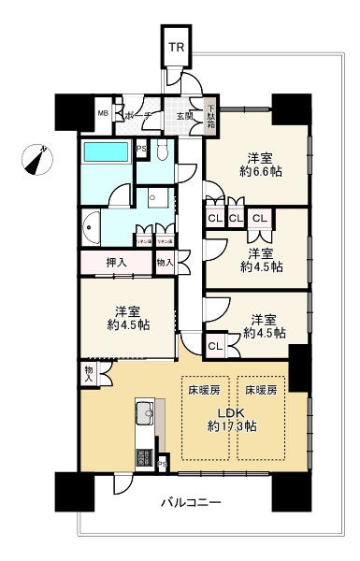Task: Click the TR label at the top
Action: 177,48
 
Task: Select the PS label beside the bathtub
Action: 142,149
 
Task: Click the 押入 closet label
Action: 117,263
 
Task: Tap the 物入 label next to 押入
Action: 164,263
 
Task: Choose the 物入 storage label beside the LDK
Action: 88,373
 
